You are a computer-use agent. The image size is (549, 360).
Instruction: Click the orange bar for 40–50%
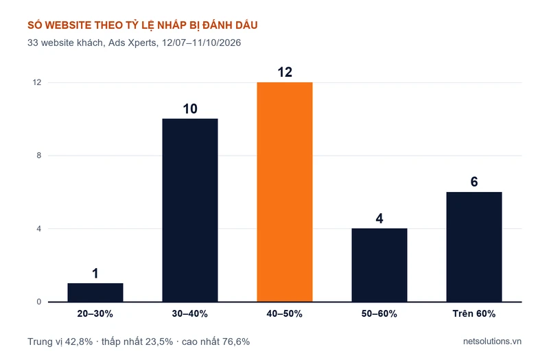(x=285, y=192)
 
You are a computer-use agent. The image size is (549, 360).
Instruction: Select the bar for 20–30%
(x=95, y=293)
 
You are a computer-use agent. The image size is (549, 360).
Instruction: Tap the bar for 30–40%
(x=190, y=210)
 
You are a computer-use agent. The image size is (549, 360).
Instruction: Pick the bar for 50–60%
(x=379, y=265)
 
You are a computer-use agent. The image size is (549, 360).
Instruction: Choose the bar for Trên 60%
(x=474, y=247)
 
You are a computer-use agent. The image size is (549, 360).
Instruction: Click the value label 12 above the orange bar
(x=285, y=72)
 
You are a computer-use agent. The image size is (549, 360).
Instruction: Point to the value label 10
(x=190, y=109)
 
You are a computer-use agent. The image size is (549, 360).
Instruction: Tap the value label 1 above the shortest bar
(x=95, y=273)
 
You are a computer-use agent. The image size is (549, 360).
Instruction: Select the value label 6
(x=474, y=182)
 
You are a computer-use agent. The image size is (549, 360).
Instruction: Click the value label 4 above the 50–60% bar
(x=379, y=219)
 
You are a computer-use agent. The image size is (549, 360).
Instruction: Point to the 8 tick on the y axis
(x=39, y=156)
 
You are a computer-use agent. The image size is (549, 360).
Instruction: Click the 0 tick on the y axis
(x=39, y=302)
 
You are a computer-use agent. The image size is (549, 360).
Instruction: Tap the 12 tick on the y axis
(x=37, y=82)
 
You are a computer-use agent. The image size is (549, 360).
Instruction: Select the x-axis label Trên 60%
(x=474, y=313)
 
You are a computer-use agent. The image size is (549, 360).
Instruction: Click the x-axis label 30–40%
(x=190, y=313)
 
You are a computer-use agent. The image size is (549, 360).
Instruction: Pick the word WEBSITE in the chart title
(x=68, y=25)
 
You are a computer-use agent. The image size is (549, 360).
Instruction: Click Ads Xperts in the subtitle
(x=132, y=43)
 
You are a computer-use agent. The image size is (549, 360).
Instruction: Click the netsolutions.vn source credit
(x=492, y=341)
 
